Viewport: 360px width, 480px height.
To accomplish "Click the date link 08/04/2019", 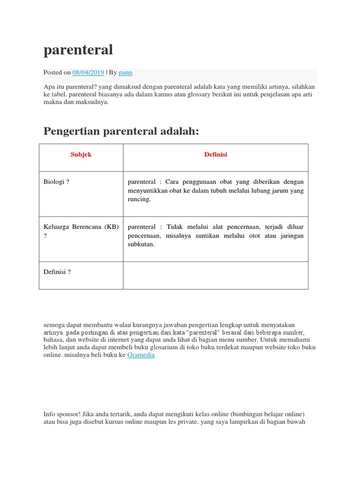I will (88, 73).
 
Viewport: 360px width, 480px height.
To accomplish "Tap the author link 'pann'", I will (126, 73).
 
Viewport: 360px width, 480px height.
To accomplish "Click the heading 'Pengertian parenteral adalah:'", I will (121, 131).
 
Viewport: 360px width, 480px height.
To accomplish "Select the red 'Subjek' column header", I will (81, 155).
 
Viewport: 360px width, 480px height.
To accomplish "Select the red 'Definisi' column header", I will (216, 155).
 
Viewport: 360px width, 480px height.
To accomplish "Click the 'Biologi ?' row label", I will (56, 182).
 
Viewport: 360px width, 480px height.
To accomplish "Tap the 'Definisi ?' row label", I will (57, 272).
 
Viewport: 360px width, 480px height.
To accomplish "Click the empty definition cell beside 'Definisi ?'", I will (216, 275).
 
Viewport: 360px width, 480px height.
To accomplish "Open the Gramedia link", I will (141, 355).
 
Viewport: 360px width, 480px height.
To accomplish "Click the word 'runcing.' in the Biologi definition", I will (139, 199).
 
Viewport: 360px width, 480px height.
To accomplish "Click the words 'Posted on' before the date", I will (57, 73).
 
